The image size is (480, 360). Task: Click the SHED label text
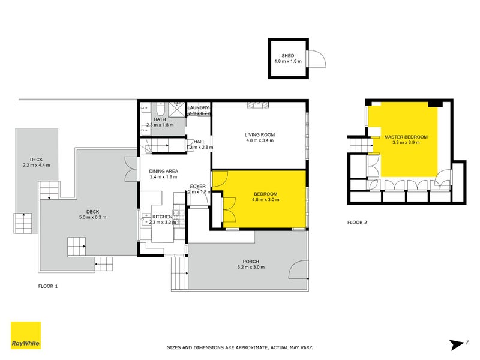click(288, 55)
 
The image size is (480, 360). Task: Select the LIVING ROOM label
click(259, 134)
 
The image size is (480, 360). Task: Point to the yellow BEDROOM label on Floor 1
click(265, 193)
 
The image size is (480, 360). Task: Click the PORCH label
click(251, 261)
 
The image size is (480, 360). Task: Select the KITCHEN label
click(163, 217)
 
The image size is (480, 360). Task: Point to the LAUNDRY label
click(198, 107)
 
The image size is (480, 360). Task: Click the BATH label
click(160, 119)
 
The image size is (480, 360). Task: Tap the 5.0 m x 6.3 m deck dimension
click(92, 217)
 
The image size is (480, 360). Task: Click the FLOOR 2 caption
click(357, 223)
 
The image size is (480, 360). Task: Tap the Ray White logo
click(26, 335)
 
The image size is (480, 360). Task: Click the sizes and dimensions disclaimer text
click(239, 347)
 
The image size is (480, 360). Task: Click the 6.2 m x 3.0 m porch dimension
click(251, 267)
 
